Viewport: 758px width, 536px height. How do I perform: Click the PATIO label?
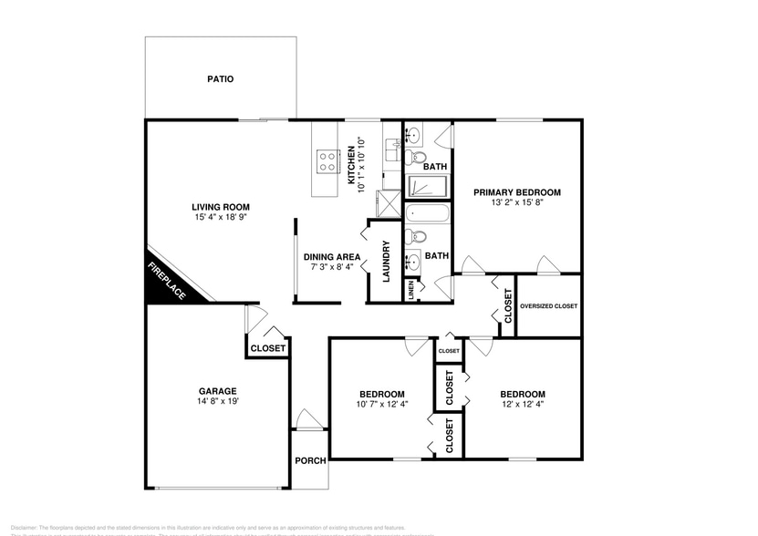(220, 79)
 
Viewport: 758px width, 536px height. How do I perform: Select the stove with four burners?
(327, 162)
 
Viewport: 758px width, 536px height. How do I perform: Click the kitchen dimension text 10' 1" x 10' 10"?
(361, 164)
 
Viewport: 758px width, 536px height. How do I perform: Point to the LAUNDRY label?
(386, 261)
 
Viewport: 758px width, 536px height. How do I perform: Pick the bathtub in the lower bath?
(426, 215)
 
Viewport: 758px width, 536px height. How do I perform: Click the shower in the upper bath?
(426, 187)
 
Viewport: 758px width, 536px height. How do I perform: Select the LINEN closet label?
(410, 291)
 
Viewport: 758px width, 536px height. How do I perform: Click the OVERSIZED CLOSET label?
(548, 306)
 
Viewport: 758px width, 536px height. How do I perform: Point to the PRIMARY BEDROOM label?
(516, 192)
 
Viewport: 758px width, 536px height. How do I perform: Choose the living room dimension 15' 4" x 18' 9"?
(221, 219)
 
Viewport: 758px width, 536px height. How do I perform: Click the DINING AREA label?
(332, 257)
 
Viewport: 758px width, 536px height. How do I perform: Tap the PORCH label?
(310, 460)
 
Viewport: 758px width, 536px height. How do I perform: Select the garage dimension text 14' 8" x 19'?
(217, 401)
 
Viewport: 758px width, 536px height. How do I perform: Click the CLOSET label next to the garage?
(268, 348)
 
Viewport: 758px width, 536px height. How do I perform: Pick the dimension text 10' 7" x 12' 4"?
(381, 404)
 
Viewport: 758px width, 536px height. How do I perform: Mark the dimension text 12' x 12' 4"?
(523, 404)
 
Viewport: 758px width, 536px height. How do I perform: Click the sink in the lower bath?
(412, 262)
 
